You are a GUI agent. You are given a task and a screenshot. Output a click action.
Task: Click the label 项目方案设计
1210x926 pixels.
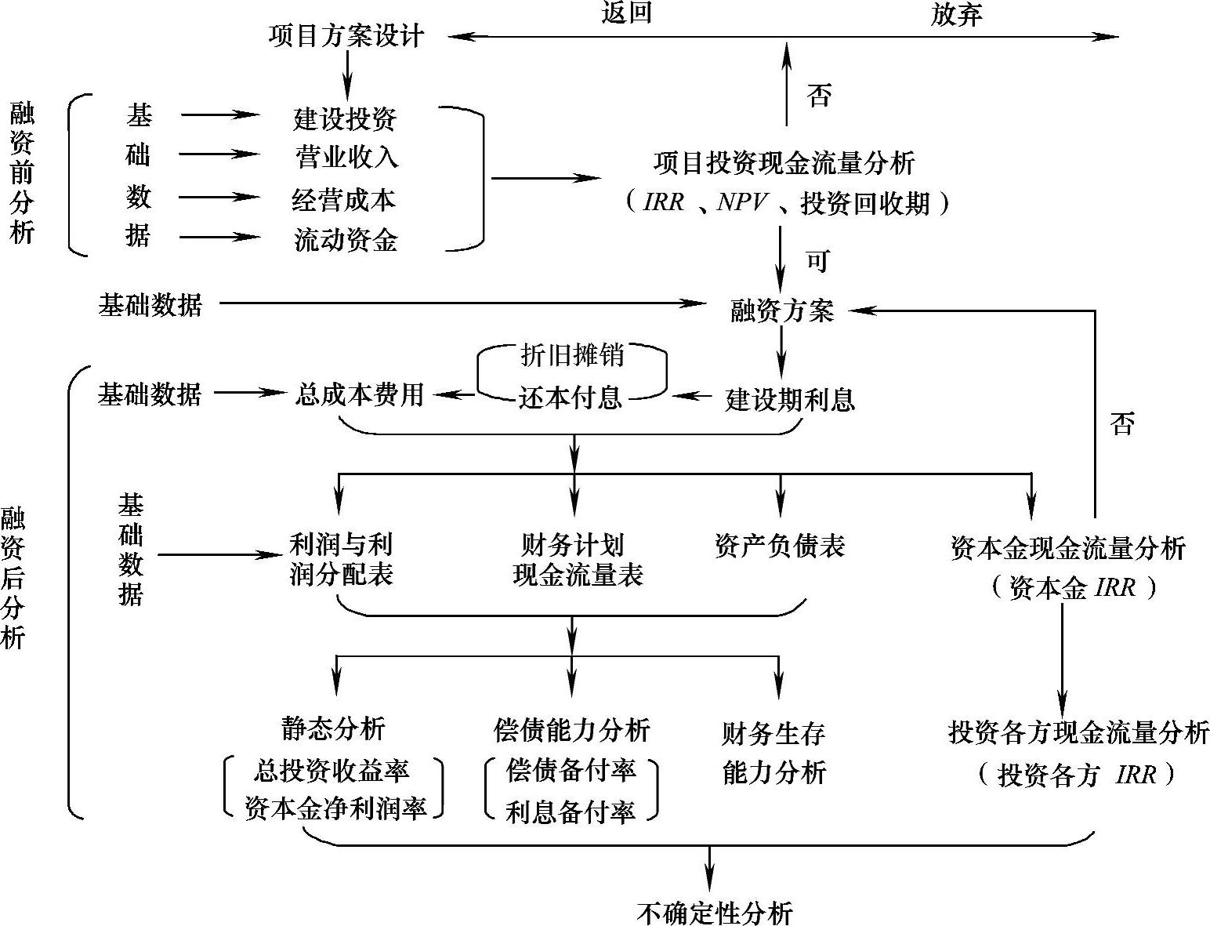point(346,36)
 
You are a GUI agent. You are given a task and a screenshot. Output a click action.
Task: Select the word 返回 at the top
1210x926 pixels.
point(626,13)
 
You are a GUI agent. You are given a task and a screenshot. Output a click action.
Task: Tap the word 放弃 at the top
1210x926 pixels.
point(956,15)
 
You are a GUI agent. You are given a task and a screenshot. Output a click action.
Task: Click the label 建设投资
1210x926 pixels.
point(345,118)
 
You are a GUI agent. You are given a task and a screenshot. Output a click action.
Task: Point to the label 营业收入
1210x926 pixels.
point(346,158)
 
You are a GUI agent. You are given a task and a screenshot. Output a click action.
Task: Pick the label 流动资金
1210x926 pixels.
point(346,240)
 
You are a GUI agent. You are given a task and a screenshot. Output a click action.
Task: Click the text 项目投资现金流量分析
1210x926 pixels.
point(784,163)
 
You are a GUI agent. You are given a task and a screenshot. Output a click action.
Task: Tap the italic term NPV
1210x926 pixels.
point(742,203)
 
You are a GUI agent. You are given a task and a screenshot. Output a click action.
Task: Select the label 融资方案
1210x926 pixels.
point(782,311)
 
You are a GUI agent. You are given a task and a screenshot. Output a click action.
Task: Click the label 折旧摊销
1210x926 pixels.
point(572,355)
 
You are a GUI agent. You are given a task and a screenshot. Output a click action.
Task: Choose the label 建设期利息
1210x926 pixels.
point(789,400)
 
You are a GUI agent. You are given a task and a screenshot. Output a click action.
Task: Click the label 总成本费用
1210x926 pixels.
point(360,394)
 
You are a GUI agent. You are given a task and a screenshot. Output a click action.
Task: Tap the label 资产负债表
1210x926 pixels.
point(780,546)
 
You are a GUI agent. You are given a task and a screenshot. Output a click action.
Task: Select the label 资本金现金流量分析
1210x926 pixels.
point(1067,548)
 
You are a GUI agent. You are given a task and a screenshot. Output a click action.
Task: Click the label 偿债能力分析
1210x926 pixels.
point(572,730)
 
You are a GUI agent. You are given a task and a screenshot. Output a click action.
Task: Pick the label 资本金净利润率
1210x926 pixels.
point(335,808)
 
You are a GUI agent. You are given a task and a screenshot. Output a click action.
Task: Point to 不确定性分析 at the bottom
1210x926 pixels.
point(714,913)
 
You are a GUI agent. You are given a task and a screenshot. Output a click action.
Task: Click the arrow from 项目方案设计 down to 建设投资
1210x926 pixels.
point(346,77)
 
